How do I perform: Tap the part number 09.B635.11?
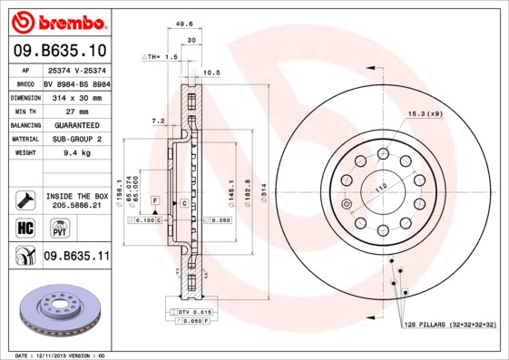(x=76, y=257)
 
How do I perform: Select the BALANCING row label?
(x=25, y=125)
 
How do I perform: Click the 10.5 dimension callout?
(x=211, y=72)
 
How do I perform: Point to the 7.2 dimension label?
(x=158, y=120)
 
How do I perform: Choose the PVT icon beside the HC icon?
(x=49, y=227)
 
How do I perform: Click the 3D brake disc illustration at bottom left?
(x=57, y=313)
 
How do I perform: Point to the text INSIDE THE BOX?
(x=76, y=196)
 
